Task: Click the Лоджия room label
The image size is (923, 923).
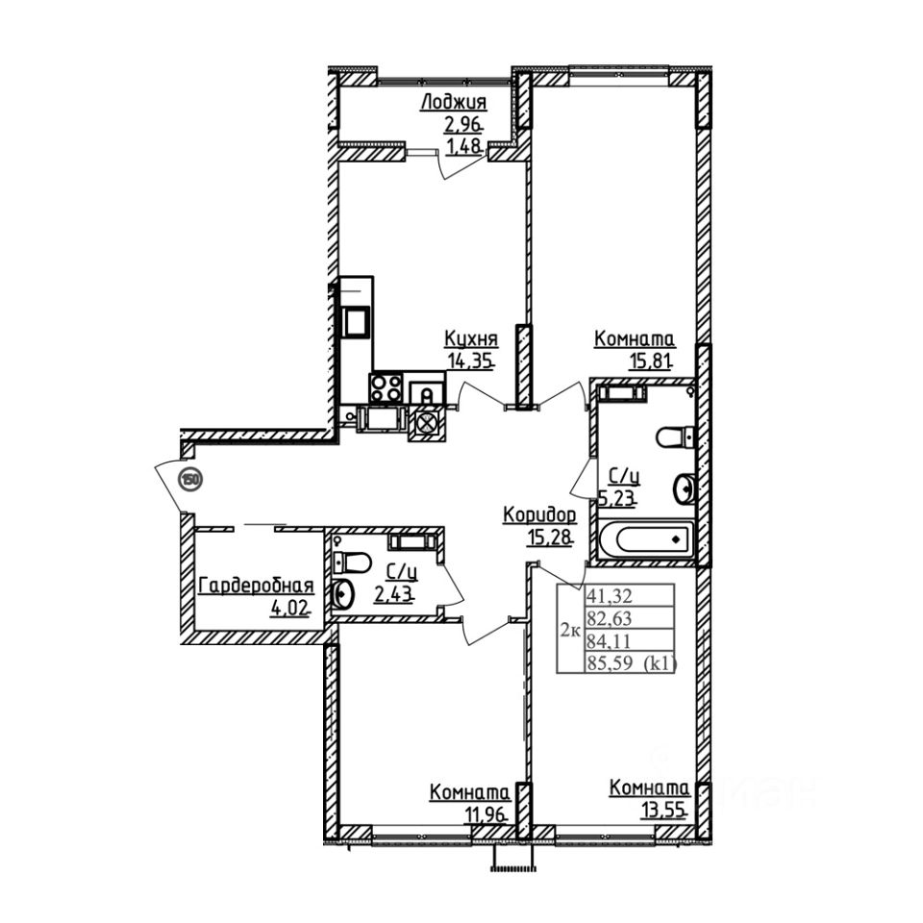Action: click(455, 104)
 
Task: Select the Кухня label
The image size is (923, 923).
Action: click(471, 339)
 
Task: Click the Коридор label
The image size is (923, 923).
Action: click(539, 516)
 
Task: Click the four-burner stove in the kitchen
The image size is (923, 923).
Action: click(387, 390)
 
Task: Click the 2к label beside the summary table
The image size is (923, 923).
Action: click(568, 631)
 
